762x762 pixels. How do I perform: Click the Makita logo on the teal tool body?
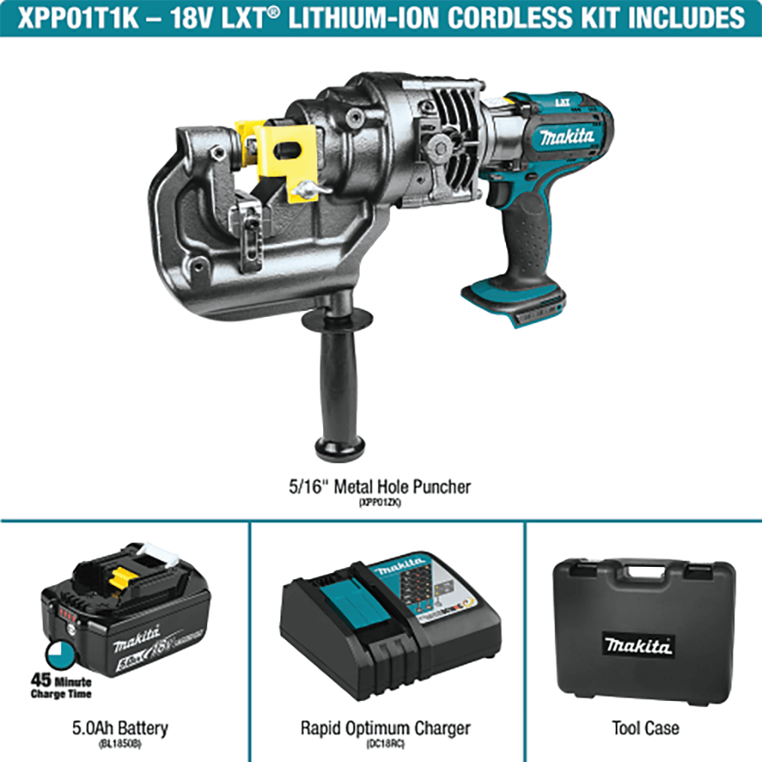pyautogui.click(x=566, y=137)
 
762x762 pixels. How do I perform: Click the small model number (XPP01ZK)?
pyautogui.click(x=380, y=504)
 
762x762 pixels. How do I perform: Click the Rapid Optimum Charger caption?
pyautogui.click(x=385, y=728)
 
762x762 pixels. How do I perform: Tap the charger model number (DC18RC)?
pyautogui.click(x=385, y=744)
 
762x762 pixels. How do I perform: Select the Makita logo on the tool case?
pyautogui.click(x=639, y=646)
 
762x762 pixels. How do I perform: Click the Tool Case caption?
pyautogui.click(x=645, y=728)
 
